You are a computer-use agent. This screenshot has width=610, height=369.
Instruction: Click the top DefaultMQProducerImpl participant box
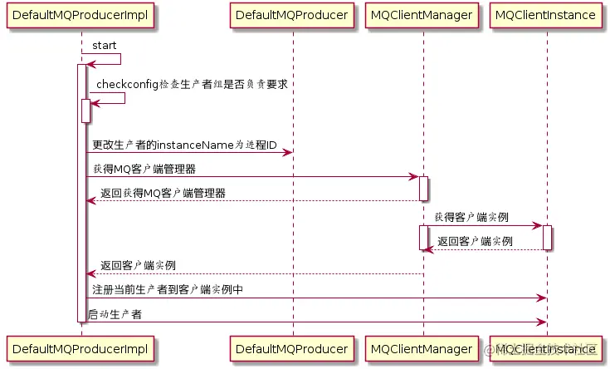coord(81,15)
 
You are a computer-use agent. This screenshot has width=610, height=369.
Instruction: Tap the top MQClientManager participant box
coord(422,15)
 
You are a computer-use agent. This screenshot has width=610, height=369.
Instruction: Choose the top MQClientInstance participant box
coord(546,15)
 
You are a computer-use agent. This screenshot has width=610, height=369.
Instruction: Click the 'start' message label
coord(105,45)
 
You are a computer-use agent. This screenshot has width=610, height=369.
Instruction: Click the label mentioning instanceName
coord(184,145)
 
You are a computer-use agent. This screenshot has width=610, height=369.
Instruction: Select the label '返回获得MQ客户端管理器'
coord(162,193)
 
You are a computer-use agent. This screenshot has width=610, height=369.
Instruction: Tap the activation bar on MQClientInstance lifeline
coord(547,237)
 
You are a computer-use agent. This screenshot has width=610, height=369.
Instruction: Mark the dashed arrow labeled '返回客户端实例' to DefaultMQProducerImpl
coord(249,273)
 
